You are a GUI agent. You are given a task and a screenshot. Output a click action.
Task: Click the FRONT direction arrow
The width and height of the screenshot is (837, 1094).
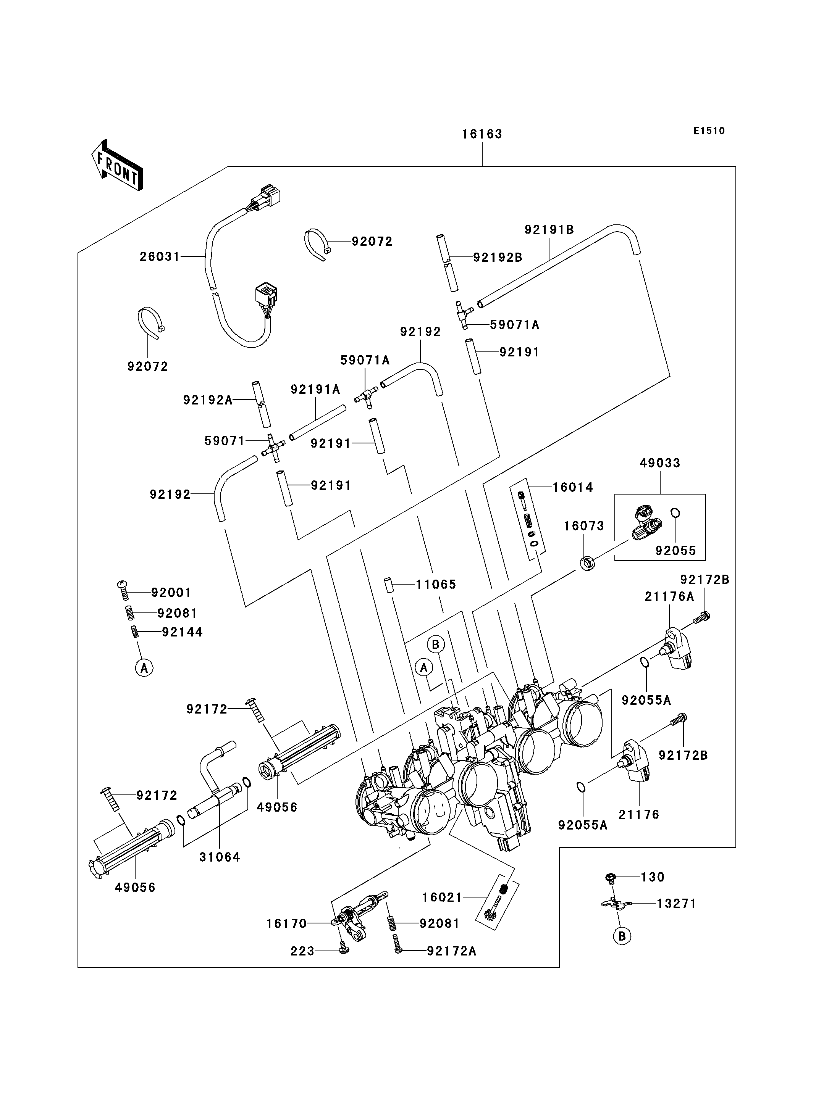click(x=118, y=165)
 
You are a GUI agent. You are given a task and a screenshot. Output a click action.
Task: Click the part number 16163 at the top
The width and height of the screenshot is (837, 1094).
click(x=482, y=134)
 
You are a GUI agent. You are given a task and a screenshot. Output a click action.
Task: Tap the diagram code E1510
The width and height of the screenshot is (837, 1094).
click(x=709, y=131)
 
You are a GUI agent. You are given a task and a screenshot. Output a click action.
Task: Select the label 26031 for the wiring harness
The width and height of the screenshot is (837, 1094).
click(x=160, y=256)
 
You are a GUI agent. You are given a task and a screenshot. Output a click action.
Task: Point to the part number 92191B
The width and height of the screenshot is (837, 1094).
click(x=549, y=230)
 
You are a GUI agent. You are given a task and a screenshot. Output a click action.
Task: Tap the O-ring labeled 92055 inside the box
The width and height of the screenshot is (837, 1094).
click(x=675, y=513)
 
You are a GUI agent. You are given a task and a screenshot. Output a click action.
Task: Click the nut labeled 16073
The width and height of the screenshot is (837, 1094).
click(x=588, y=564)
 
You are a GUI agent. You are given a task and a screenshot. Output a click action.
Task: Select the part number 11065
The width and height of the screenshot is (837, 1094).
click(x=436, y=585)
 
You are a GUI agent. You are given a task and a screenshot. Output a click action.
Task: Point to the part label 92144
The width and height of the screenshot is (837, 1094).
click(x=183, y=632)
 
